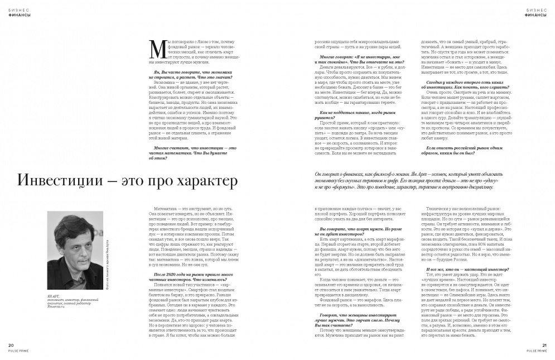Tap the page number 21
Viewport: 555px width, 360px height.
click(544, 345)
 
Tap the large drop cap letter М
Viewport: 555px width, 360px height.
click(156, 50)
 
